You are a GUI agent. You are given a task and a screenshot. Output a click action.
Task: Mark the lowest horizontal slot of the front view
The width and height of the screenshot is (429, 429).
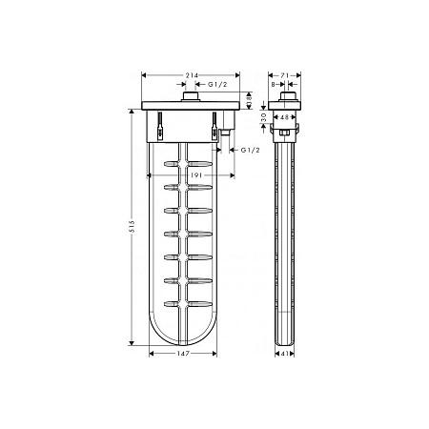186,302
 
